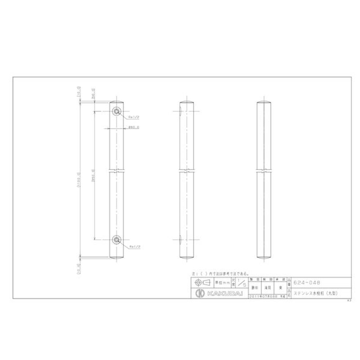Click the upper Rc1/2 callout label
pos(135,117)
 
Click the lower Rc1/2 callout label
pos(135,247)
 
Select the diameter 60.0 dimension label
pos(134,128)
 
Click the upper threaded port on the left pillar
pos(117,111)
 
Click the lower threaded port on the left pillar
pos(117,239)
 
